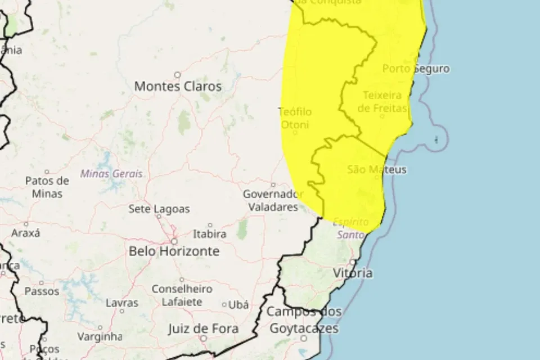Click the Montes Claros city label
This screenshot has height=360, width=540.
tap(178, 87)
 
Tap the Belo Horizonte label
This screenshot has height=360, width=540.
tap(174, 251)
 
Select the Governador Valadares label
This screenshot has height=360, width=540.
tap(273, 200)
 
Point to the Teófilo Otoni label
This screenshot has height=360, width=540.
tap(295, 118)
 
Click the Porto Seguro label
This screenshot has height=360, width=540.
tap(416, 69)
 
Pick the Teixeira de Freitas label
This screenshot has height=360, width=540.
tap(382, 101)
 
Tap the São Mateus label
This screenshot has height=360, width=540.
tap(377, 169)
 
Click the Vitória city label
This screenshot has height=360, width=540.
tap(353, 273)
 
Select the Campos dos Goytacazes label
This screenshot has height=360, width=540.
tap(304, 319)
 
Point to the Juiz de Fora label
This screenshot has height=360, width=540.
tap(204, 328)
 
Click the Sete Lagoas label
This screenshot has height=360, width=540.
tap(159, 209)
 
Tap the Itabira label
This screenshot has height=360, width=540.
tap(209, 233)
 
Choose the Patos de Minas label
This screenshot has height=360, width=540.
tap(47, 187)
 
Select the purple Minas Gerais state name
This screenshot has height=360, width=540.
tap(111, 174)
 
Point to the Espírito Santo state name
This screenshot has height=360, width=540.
tap(352, 228)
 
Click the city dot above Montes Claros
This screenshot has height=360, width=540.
tap(177, 74)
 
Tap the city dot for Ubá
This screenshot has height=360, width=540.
tap(224, 305)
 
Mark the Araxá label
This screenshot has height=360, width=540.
tap(26, 232)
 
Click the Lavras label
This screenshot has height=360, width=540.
tap(122, 303)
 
